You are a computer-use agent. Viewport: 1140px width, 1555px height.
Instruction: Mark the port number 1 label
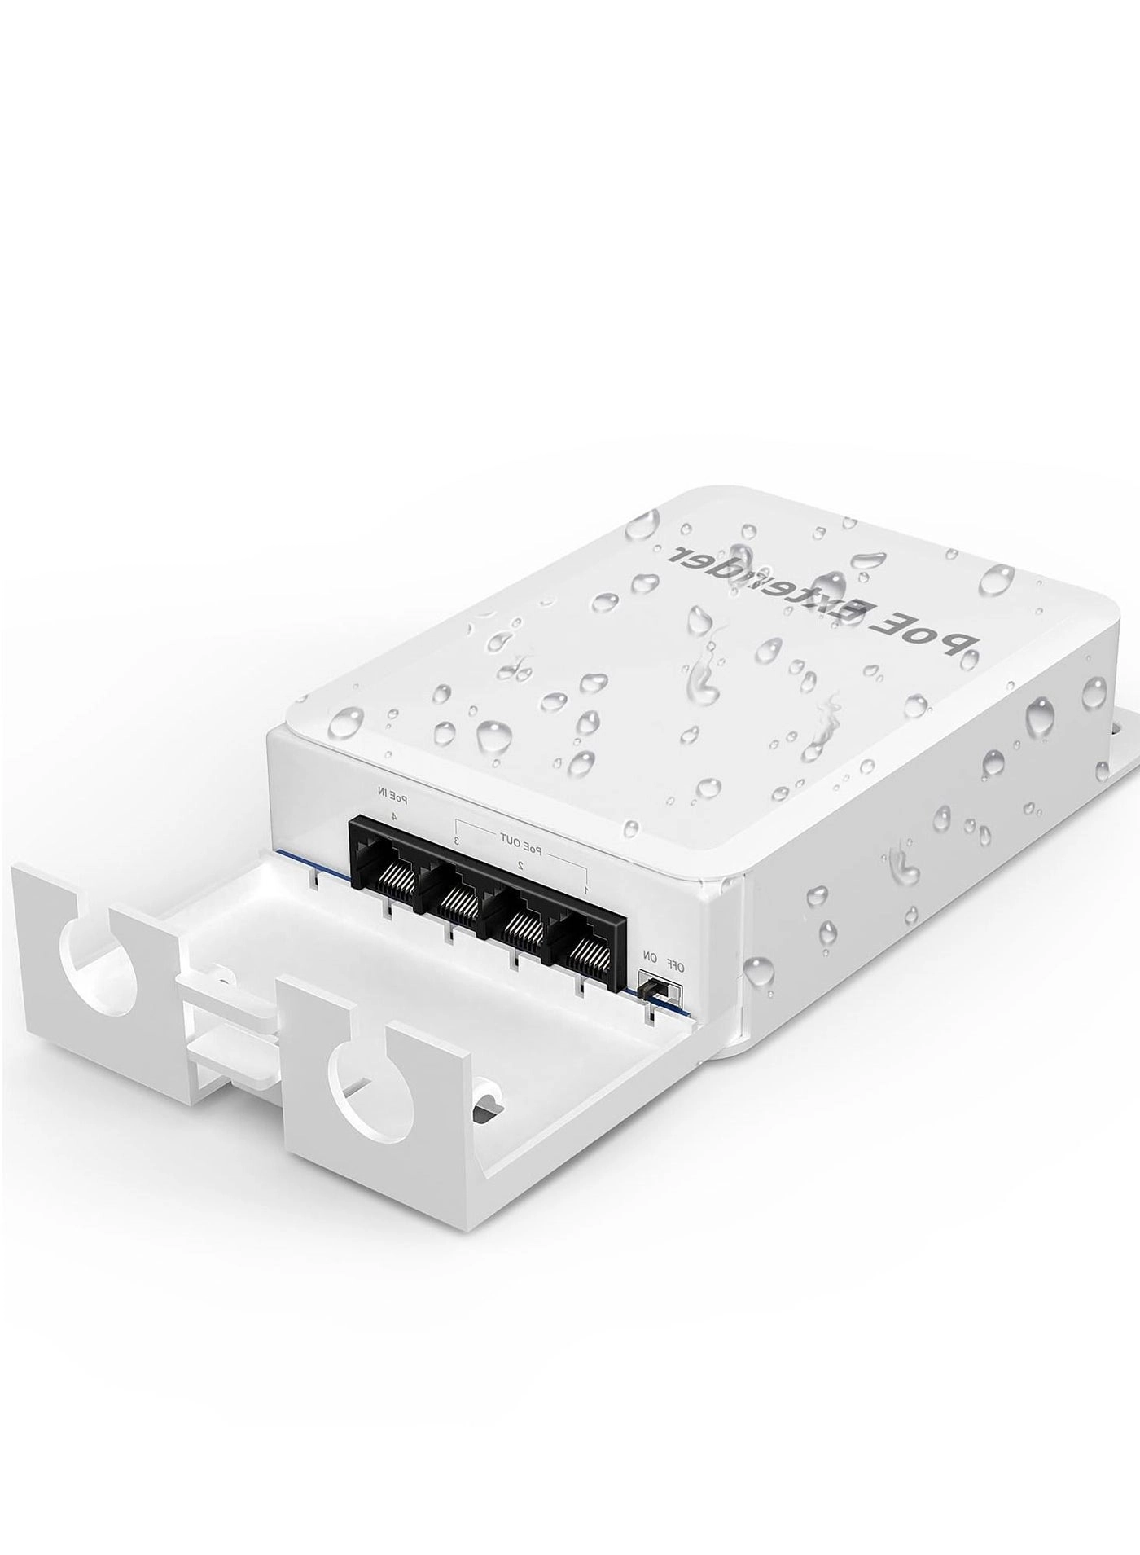click(x=586, y=890)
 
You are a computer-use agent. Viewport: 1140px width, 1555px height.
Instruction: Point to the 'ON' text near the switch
click(x=650, y=955)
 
